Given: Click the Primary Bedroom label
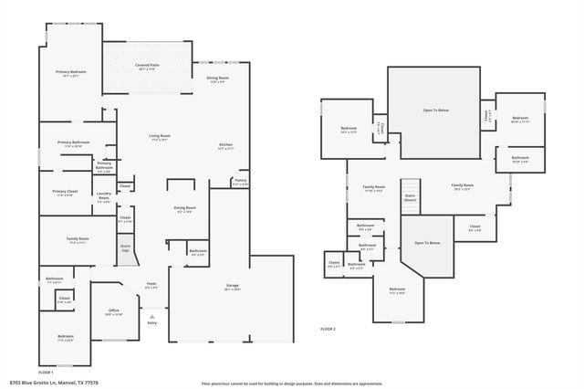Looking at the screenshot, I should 71,73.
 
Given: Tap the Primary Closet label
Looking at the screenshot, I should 64,193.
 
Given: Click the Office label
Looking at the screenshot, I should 113,312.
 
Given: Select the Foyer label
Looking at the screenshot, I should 151,285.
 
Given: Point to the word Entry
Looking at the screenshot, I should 151,322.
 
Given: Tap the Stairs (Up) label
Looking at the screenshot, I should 125,247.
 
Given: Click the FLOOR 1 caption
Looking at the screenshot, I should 46,372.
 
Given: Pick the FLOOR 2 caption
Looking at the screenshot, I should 328,328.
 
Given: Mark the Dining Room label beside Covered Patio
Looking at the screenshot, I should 217,80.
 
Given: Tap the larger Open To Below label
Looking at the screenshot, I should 435,110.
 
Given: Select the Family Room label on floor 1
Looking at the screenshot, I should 77,240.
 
